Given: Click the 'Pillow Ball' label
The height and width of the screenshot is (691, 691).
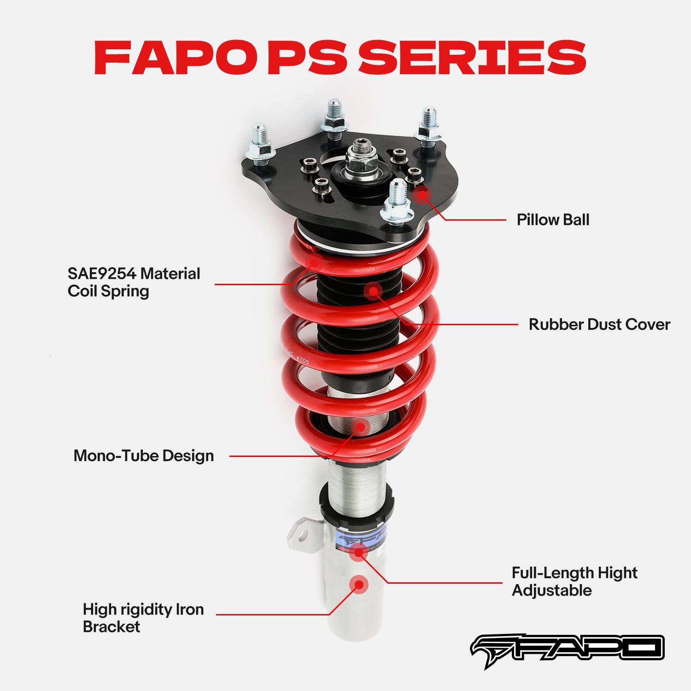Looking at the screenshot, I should click(553, 220).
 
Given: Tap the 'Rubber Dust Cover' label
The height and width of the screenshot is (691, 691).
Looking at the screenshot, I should click(599, 324).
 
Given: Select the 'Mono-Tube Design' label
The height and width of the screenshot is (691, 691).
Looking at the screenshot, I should click(144, 456).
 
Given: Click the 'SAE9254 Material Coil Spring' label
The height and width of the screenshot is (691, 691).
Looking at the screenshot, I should click(134, 282).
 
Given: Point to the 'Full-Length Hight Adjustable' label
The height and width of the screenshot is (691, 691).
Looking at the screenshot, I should click(574, 581).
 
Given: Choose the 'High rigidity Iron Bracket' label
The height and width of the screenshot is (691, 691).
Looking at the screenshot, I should click(143, 618).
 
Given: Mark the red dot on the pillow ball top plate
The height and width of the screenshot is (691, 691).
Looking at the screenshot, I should click(421, 194).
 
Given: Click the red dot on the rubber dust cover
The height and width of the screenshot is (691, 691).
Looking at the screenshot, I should click(373, 291).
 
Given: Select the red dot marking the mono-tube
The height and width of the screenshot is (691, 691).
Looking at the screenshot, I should click(360, 427).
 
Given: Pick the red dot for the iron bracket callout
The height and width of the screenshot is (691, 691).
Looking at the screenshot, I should click(358, 585).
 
